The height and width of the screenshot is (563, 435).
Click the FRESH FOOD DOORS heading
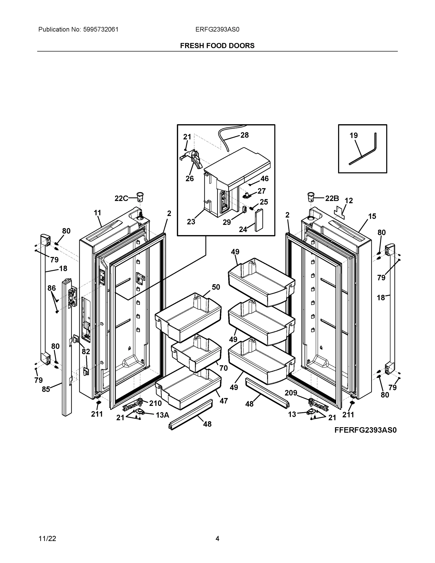(x=217, y=46)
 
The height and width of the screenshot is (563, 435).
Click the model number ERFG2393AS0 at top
(x=217, y=29)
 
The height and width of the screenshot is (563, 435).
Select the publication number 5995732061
(x=101, y=29)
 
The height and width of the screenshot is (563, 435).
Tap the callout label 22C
(x=121, y=198)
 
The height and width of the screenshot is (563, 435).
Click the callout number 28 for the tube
(x=245, y=135)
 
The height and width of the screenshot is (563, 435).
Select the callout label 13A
(x=162, y=415)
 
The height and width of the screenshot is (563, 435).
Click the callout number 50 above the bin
(x=216, y=287)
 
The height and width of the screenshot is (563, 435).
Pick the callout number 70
(x=223, y=368)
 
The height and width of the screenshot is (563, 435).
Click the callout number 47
(x=223, y=401)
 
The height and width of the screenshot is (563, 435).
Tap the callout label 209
(x=291, y=393)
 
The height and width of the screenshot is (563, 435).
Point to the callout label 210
(x=155, y=403)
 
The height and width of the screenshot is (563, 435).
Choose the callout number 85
(x=46, y=389)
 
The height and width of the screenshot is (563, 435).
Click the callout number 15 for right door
(x=372, y=216)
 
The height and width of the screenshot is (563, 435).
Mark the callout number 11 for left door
(x=97, y=213)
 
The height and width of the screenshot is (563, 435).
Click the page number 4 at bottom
(x=217, y=539)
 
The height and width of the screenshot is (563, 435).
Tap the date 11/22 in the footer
(x=47, y=539)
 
